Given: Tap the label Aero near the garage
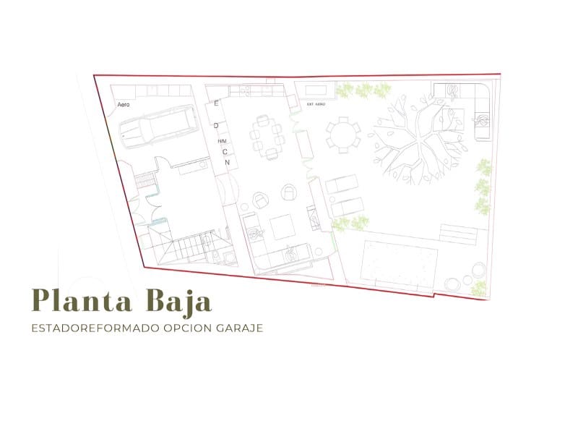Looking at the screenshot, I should coord(123,105).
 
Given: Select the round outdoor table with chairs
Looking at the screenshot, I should coord(342,132).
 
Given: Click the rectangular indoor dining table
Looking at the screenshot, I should coord(265,135).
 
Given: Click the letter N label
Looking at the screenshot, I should coord(227,162).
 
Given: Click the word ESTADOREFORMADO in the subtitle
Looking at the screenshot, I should coord(87,328).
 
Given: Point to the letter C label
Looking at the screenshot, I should coord(224,151).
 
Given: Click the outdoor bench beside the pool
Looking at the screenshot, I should coord(457,234).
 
